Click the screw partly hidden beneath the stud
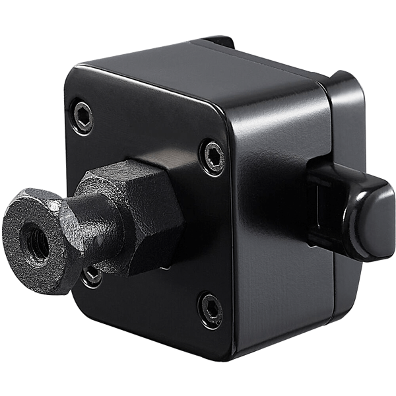(x=93, y=275)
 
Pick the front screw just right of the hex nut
(x=211, y=153)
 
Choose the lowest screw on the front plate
(x=210, y=305)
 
